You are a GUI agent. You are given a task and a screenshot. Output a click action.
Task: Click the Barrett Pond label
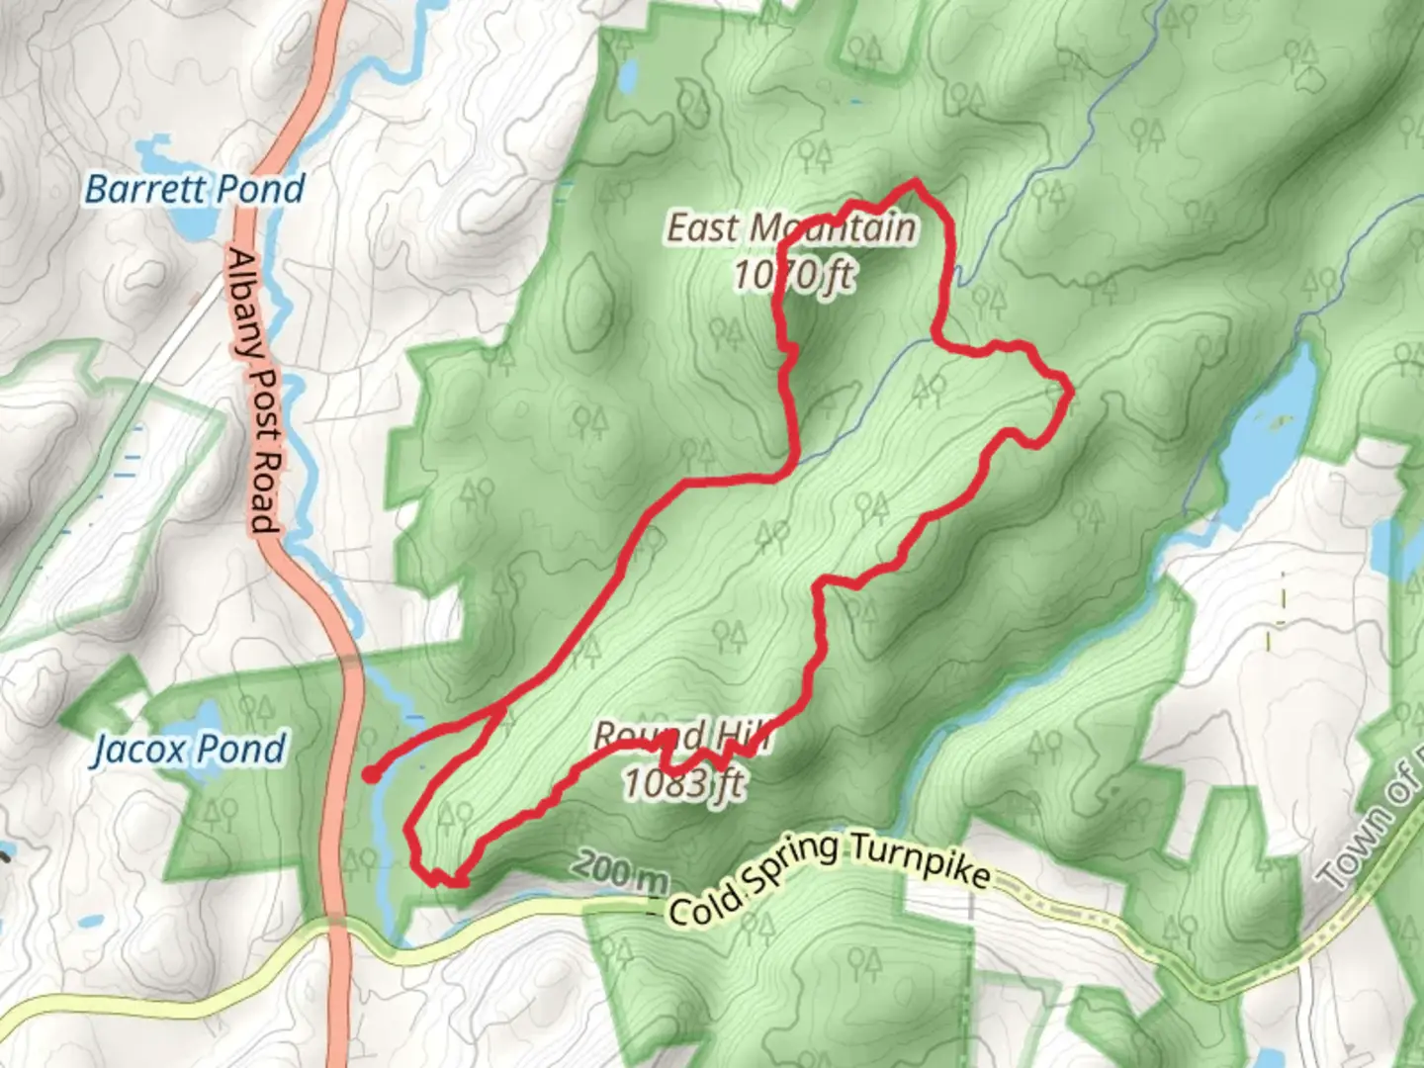[195, 188]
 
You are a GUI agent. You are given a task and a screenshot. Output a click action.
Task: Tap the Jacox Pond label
[188, 749]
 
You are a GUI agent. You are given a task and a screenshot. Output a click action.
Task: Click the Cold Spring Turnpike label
[829, 878]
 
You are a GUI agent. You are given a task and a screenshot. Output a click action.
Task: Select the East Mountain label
[791, 227]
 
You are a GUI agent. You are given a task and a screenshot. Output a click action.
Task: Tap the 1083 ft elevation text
[682, 783]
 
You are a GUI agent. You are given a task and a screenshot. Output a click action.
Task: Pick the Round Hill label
[682, 737]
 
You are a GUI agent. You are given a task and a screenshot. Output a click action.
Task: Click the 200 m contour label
[619, 870]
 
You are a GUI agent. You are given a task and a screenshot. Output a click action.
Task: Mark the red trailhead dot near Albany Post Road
[370, 775]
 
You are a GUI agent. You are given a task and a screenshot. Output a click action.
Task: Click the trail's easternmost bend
[1069, 394]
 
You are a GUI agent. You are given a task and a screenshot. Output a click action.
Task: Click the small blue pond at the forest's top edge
[627, 74]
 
